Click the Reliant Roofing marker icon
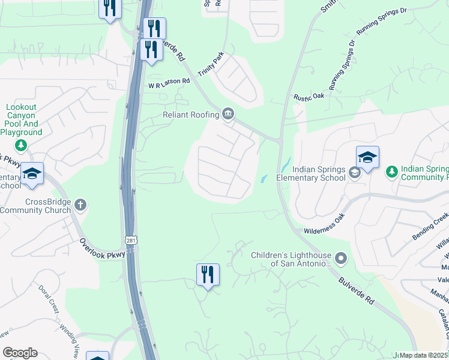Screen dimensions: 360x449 click(228, 114)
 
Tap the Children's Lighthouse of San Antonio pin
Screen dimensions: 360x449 click(341, 259)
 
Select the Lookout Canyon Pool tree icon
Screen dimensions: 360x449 click(21, 145)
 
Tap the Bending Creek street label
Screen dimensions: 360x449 click(429, 227)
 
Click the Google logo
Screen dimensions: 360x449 click(20, 353)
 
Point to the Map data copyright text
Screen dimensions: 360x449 click(423, 355)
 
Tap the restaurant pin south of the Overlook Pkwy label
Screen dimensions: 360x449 click(208, 275)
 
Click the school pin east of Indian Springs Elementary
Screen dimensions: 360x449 click(367, 158)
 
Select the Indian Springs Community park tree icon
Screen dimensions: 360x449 click(391, 172)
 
